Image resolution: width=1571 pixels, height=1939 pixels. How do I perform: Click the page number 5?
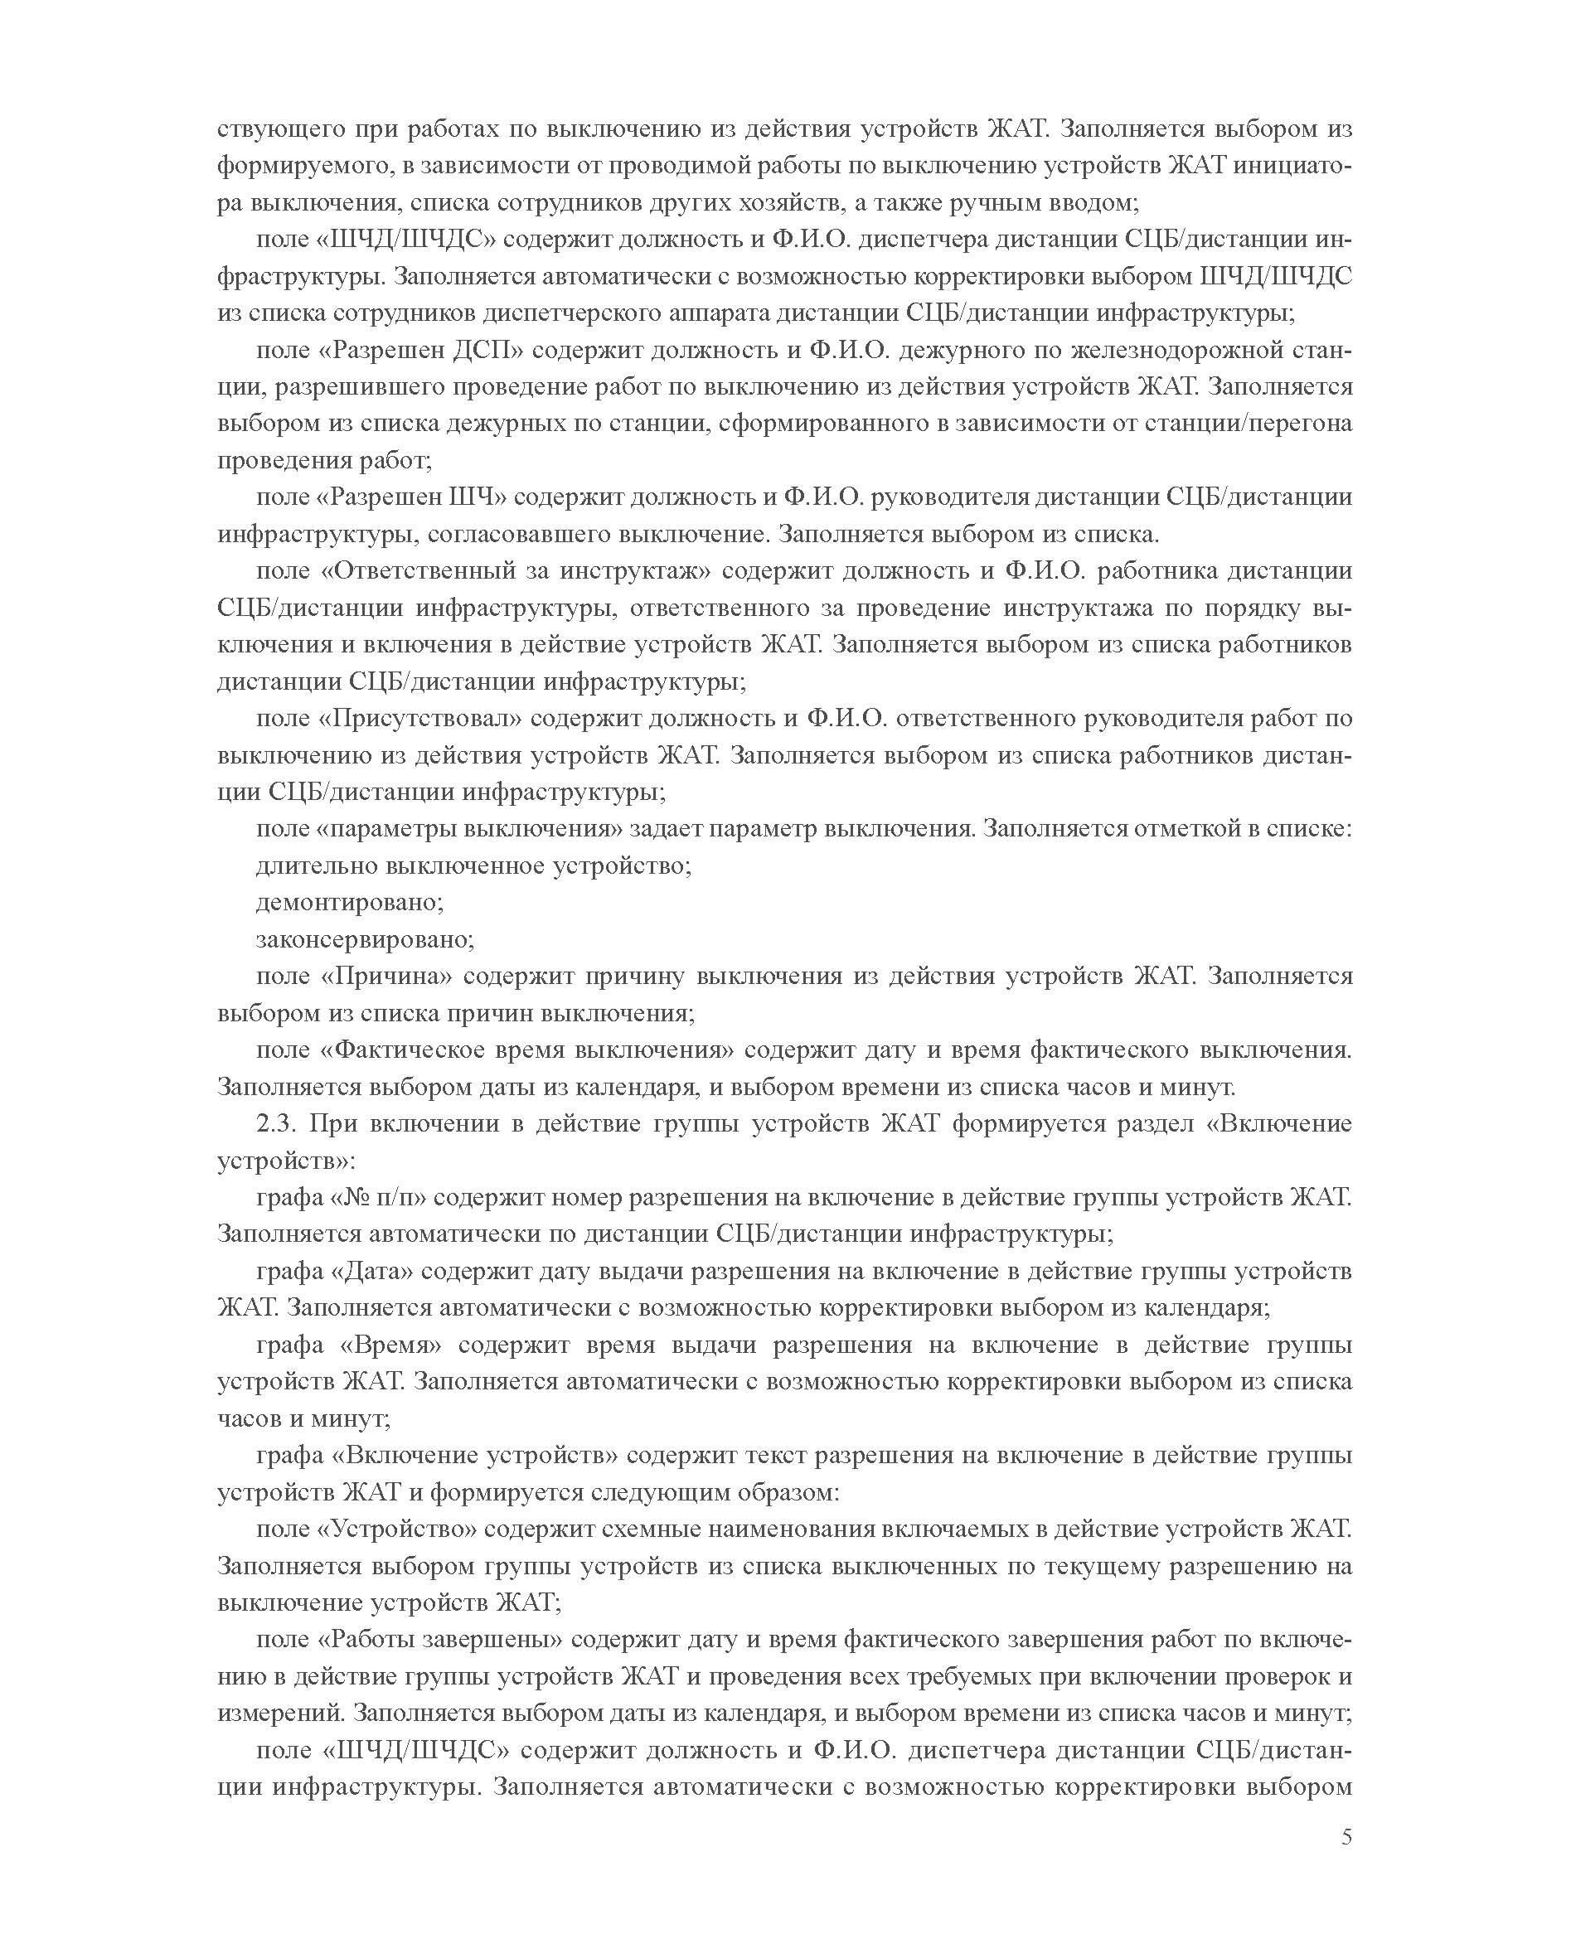[x=1346, y=1837]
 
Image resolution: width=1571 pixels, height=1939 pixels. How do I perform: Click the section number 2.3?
[x=276, y=1124]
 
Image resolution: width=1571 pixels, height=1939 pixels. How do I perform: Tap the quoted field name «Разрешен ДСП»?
[x=421, y=350]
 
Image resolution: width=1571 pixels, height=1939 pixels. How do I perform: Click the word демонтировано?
[x=349, y=902]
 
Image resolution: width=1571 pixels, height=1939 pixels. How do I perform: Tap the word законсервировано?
[x=365, y=939]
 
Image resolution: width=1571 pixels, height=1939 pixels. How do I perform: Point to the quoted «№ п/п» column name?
[x=379, y=1198]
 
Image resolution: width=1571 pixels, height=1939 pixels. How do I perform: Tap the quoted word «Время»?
[x=391, y=1345]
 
